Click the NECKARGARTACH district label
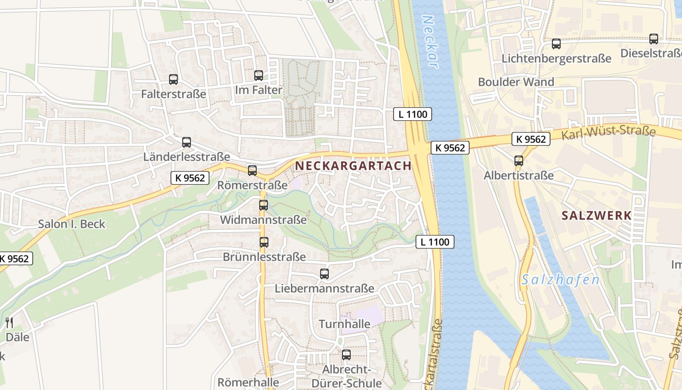353,166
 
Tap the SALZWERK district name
596,215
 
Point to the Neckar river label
429,42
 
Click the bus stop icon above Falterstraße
173,79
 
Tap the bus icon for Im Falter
259,76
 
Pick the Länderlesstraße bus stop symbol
187,142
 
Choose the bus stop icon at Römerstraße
252,171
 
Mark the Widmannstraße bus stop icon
264,205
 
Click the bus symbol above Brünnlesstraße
264,242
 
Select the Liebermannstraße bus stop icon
324,274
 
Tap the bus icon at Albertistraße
519,160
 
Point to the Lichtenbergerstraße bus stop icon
556,44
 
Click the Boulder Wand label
516,82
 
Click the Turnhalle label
344,324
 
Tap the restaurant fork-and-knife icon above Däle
9,322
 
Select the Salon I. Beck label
72,224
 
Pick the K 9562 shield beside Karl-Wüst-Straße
531,139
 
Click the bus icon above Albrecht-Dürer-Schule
346,355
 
